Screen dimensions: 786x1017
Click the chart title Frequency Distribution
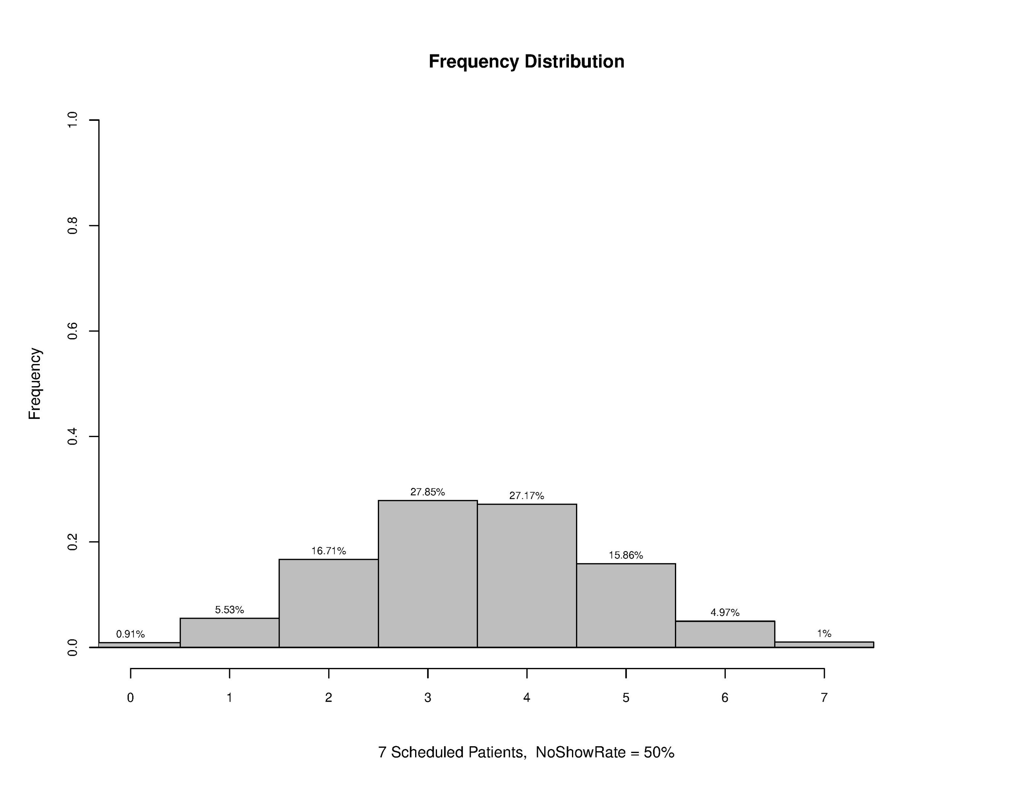pyautogui.click(x=526, y=62)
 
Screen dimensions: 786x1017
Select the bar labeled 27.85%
pyautogui.click(x=427, y=573)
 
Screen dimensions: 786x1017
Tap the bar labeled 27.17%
pyautogui.click(x=527, y=575)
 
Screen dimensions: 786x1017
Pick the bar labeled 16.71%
pyautogui.click(x=328, y=603)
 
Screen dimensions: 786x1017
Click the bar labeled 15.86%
pyautogui.click(x=626, y=605)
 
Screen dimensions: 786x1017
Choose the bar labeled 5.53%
pyautogui.click(x=229, y=632)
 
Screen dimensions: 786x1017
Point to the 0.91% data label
pyautogui.click(x=130, y=634)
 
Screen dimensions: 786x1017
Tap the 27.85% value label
pyautogui.click(x=427, y=492)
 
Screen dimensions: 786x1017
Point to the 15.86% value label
pyautogui.click(x=626, y=556)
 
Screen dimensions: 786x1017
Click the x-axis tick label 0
pyautogui.click(x=130, y=698)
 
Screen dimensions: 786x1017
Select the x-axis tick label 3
pyautogui.click(x=427, y=698)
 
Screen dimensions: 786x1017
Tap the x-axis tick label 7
pyautogui.click(x=824, y=698)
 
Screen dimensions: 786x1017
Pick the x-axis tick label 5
pyautogui.click(x=626, y=698)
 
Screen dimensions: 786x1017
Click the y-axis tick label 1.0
pyautogui.click(x=72, y=120)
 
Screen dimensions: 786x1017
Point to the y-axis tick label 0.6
pyautogui.click(x=72, y=331)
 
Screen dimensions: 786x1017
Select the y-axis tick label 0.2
pyautogui.click(x=72, y=542)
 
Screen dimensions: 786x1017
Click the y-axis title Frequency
pyautogui.click(x=35, y=384)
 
